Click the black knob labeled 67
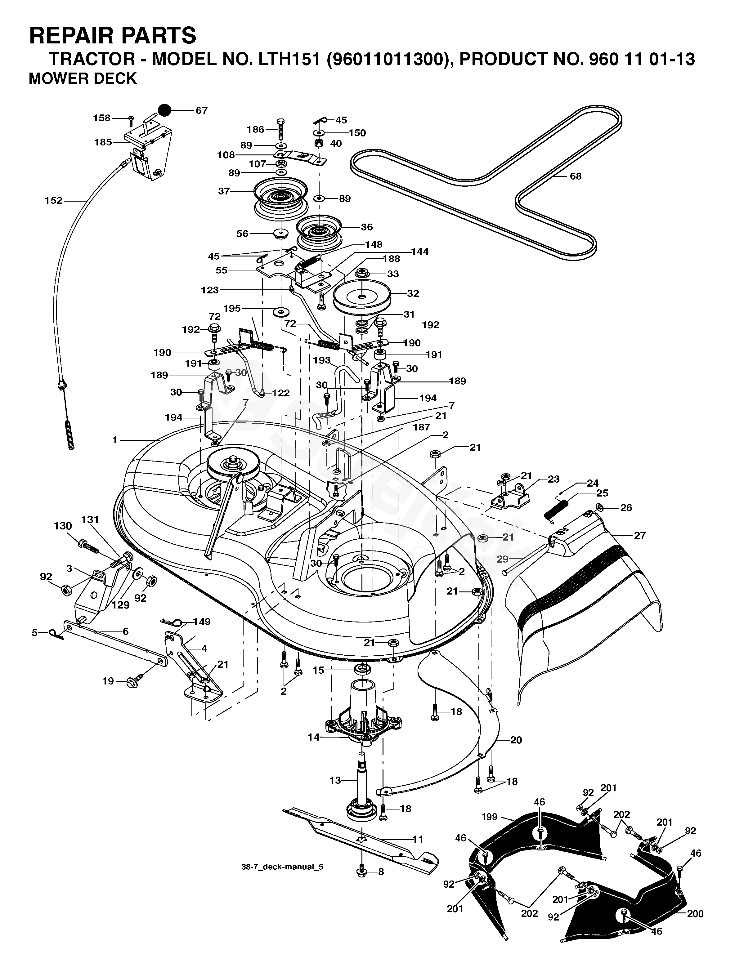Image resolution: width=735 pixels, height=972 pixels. (x=164, y=110)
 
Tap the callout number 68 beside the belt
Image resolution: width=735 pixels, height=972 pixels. (x=576, y=176)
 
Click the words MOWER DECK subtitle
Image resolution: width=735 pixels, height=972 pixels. (x=83, y=78)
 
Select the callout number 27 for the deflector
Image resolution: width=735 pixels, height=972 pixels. (x=640, y=535)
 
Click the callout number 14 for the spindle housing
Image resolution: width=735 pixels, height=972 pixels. (x=313, y=737)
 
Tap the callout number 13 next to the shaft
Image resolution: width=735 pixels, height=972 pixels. (x=335, y=780)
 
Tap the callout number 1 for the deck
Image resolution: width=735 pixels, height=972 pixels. (x=115, y=440)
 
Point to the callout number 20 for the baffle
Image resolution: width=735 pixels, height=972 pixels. (x=516, y=740)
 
